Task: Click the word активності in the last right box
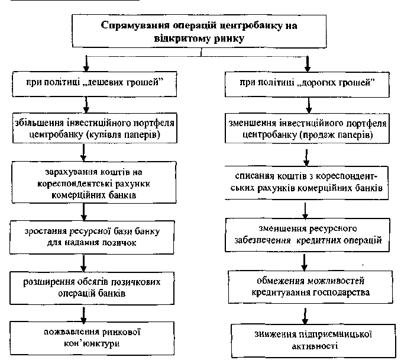pyautogui.click(x=315, y=346)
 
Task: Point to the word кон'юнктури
pyautogui.click(x=92, y=343)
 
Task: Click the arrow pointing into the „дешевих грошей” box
pyautogui.click(x=86, y=64)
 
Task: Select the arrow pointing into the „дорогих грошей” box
pyautogui.click(x=308, y=64)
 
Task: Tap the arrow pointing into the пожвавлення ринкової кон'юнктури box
pyautogui.click(x=83, y=316)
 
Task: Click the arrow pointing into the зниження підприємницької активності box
pyautogui.click(x=305, y=316)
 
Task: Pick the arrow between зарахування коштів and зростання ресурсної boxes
pyautogui.click(x=84, y=212)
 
